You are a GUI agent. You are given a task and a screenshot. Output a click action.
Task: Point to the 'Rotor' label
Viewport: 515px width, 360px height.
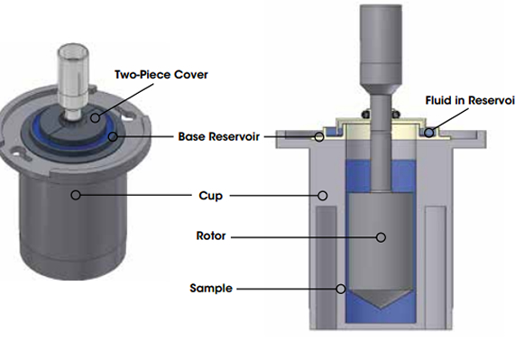pos(212,237)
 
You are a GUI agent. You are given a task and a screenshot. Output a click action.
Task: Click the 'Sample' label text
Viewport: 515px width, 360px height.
pos(212,289)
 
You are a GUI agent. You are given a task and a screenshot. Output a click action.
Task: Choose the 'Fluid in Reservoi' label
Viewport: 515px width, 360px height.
pos(469,101)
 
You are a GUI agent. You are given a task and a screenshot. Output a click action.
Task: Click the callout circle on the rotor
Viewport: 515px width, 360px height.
pos(382,237)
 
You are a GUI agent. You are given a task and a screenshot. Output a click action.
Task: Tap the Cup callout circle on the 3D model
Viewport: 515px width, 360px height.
pos(77,194)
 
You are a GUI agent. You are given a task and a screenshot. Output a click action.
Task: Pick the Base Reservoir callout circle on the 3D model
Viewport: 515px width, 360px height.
pos(113,137)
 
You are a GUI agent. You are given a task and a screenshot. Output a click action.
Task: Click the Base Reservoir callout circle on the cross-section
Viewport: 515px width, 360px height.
pos(319,137)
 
